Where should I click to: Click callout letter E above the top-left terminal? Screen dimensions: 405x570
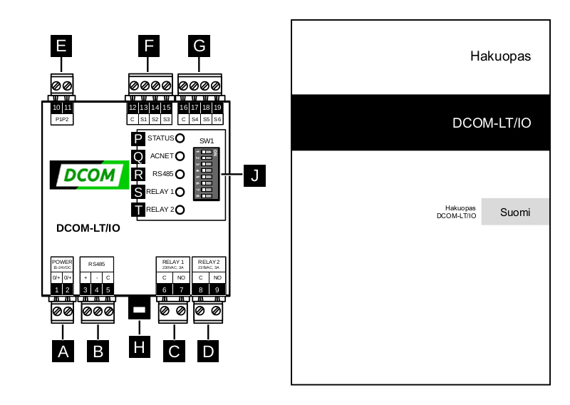(61, 46)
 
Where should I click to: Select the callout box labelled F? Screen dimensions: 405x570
(148, 46)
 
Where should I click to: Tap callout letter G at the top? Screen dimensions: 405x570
(199, 46)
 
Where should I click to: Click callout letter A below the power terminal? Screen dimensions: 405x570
(63, 350)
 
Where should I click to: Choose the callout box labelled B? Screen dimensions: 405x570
(98, 350)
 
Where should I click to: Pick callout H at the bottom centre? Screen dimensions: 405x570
(140, 347)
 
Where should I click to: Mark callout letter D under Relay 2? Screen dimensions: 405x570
(209, 350)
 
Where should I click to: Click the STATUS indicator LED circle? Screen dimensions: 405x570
(180, 138)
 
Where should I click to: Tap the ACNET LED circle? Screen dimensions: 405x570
(180, 156)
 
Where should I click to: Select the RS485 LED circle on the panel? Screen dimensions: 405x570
(180, 174)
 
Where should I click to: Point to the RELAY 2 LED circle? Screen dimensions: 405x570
(180, 210)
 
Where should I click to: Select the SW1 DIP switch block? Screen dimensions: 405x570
(207, 174)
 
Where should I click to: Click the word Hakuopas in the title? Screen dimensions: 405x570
(500, 56)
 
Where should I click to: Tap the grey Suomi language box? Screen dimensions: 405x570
(514, 212)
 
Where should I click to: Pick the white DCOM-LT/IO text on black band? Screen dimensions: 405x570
(492, 123)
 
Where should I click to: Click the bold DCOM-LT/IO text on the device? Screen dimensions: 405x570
(88, 228)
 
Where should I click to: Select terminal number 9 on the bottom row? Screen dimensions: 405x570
(217, 289)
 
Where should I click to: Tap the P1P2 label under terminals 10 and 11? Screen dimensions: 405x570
(62, 119)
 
